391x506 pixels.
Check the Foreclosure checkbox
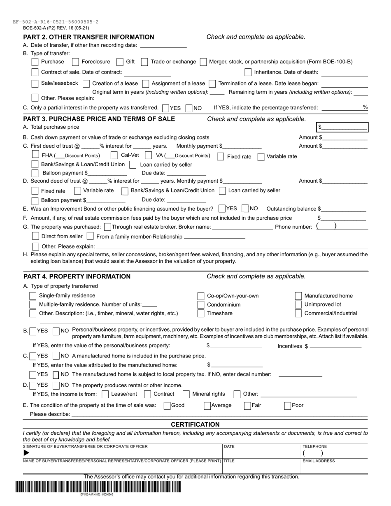click(75, 62)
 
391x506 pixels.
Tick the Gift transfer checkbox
click(120, 62)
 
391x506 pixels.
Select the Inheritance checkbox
click(248, 72)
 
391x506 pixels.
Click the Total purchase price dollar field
click(342, 127)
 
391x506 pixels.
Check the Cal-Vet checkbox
click(114, 156)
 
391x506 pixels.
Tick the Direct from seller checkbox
click(35, 236)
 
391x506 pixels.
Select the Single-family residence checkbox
click(33, 296)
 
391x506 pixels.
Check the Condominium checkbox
click(201, 305)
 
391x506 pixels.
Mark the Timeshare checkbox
click(201, 313)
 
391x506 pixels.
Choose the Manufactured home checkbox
click(298, 296)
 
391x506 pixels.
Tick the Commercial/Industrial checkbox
click(298, 313)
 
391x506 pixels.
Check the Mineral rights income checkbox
click(186, 394)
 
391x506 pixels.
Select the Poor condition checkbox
click(288, 405)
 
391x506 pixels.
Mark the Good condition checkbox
click(167, 405)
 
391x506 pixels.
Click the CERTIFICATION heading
click(195, 424)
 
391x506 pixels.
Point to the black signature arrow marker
click(27, 453)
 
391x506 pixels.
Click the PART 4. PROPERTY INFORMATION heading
click(77, 276)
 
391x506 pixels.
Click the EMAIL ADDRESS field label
click(319, 461)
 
